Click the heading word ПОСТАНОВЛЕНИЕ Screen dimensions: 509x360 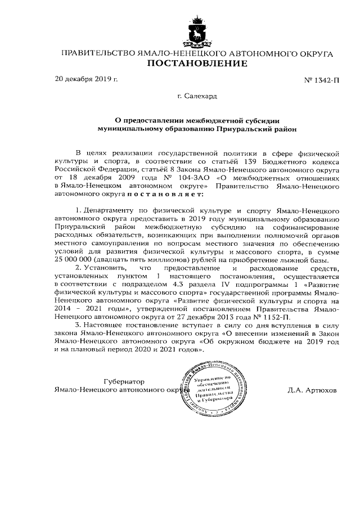197,64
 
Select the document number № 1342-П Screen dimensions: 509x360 322,80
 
